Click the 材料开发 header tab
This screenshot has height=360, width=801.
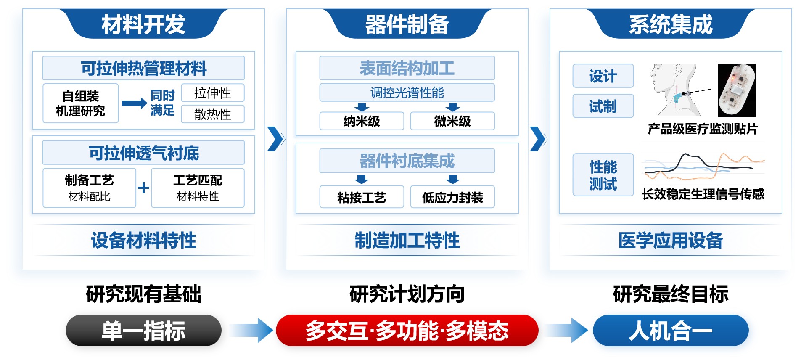(x=143, y=24)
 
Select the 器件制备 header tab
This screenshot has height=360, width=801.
(x=407, y=24)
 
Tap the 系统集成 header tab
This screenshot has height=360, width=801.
(x=670, y=24)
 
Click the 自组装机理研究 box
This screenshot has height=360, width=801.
(x=80, y=103)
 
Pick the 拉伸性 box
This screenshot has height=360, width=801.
(x=212, y=93)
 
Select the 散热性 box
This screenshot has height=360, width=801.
(x=212, y=114)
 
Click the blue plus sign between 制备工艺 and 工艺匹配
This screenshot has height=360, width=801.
(x=143, y=188)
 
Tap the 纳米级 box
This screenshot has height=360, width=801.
(x=362, y=121)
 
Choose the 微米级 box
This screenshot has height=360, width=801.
(x=452, y=121)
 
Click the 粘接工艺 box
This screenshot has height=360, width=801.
(x=362, y=197)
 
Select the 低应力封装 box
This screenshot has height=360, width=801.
(x=452, y=197)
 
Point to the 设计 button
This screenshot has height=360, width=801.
(x=603, y=76)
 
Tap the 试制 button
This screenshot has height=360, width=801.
(x=603, y=106)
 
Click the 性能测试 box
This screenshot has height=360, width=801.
(x=603, y=175)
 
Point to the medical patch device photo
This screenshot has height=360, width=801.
(x=737, y=90)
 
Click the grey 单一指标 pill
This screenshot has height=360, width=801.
(x=143, y=331)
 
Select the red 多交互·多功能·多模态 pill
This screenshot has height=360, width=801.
(x=407, y=331)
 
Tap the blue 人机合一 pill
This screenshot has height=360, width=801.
(x=670, y=331)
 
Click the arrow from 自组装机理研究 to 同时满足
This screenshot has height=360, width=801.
(x=134, y=103)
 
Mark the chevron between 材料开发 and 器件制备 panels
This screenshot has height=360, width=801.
(x=275, y=139)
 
